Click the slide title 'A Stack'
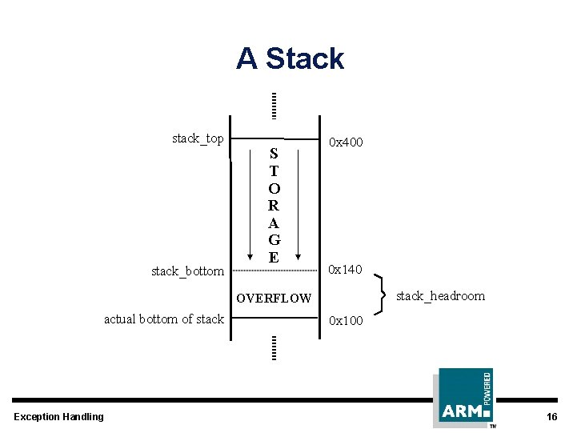[290, 58]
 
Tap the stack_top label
[198, 138]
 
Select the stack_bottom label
[187, 271]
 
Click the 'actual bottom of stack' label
[164, 319]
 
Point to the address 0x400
[347, 142]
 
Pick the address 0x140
[346, 271]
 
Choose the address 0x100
[346, 321]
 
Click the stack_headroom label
[440, 296]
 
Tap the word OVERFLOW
[274, 299]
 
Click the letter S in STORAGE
[274, 153]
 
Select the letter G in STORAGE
[274, 240]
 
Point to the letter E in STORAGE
[274, 258]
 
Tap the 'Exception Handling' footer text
[59, 416]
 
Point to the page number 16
[551, 416]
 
